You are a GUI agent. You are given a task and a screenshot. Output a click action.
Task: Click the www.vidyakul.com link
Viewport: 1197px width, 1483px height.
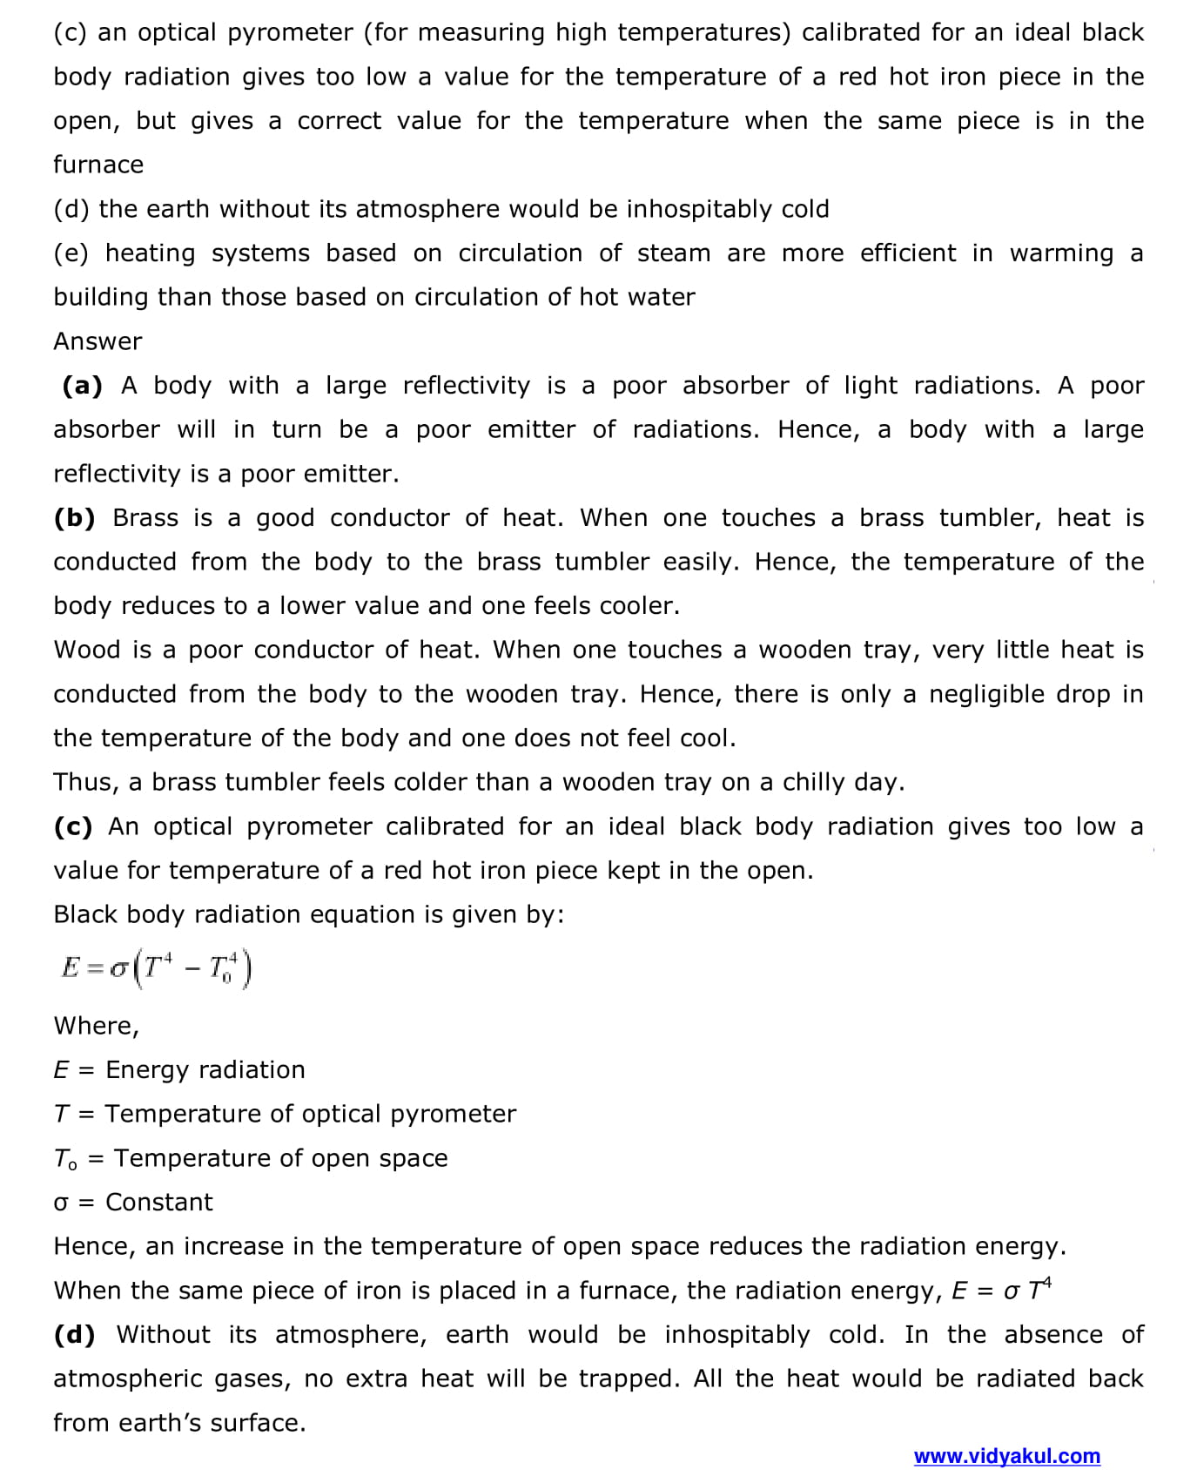[1006, 1456]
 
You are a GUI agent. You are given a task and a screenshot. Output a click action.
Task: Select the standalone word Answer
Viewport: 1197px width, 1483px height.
[98, 341]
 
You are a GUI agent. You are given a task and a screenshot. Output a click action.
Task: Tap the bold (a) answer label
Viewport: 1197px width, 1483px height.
[83, 386]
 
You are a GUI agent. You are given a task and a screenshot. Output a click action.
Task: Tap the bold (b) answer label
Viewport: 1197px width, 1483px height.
[75, 518]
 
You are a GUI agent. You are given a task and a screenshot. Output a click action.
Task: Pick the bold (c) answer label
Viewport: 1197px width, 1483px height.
[73, 826]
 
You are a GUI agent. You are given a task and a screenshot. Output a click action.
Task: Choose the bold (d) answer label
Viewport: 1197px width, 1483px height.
[75, 1335]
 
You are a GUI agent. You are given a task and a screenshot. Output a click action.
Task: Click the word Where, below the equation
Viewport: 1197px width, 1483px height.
[96, 1026]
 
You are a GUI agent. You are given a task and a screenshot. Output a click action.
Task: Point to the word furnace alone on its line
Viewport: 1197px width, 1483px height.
[98, 165]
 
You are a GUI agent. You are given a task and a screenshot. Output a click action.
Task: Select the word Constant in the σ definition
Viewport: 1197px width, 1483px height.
[158, 1203]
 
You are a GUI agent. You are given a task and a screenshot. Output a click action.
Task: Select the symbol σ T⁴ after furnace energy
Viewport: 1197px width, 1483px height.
[1027, 1289]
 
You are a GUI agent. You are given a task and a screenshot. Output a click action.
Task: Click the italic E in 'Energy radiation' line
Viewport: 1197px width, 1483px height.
[60, 1070]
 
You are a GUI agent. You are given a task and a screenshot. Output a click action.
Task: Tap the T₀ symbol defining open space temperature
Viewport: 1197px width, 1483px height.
[65, 1159]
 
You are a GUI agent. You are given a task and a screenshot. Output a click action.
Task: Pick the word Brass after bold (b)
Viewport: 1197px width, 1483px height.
[145, 518]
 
